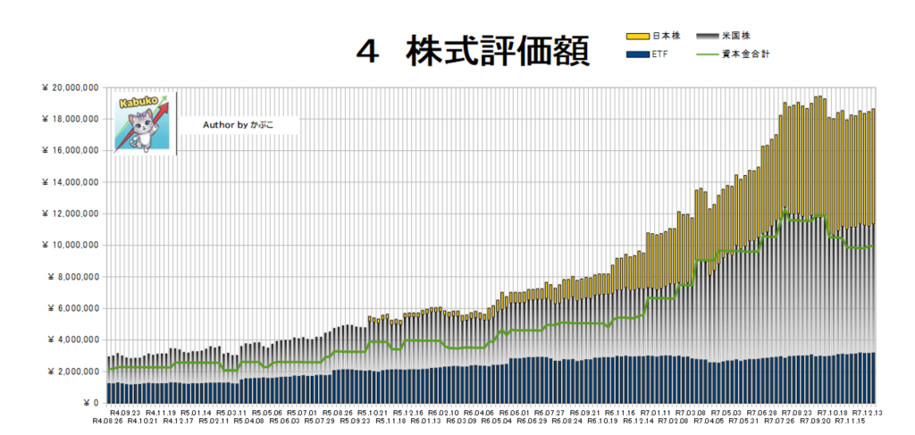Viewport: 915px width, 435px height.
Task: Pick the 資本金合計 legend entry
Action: [745, 55]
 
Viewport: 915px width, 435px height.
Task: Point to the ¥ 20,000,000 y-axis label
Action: [69, 88]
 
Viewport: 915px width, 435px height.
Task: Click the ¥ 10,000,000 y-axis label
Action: [69, 245]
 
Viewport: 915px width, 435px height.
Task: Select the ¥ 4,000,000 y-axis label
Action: [71, 339]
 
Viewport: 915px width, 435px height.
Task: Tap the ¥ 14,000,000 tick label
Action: [69, 182]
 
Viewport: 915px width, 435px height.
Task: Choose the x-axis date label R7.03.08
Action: [689, 412]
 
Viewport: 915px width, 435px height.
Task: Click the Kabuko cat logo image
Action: [141, 122]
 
